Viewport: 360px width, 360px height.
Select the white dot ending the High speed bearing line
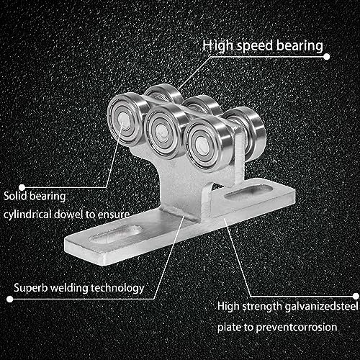point(327,57)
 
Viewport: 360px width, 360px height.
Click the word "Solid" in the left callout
point(15,196)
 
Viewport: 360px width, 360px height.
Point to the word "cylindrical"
point(27,215)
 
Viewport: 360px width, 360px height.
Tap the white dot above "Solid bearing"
point(22,187)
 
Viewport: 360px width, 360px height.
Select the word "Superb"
point(31,288)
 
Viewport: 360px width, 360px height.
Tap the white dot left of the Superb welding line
point(10,299)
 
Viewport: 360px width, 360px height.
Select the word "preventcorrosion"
point(297,328)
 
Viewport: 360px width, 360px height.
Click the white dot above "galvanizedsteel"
point(356,296)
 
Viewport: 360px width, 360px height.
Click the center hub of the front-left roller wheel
point(125,119)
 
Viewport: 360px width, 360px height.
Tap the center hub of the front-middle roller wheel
point(163,132)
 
